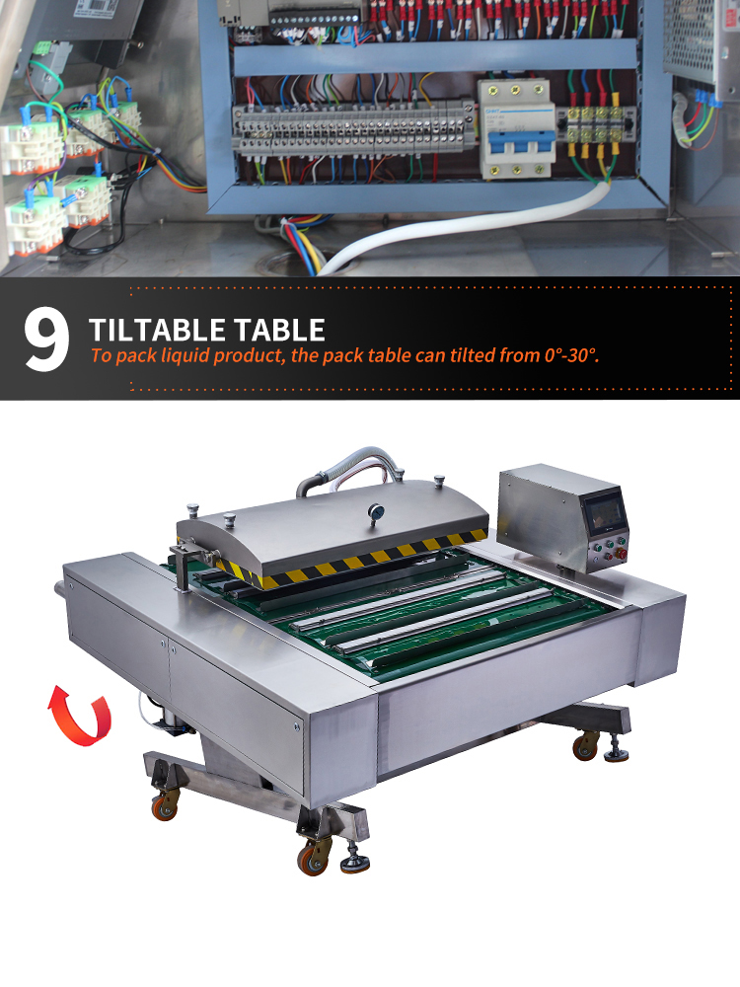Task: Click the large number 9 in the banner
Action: [x=46, y=340]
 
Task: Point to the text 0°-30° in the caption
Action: [x=570, y=355]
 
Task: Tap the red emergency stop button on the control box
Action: [x=621, y=554]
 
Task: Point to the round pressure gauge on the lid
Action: [x=376, y=512]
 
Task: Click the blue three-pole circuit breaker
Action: [x=517, y=128]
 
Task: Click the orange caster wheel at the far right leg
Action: [x=585, y=746]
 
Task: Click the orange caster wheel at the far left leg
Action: [x=164, y=807]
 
